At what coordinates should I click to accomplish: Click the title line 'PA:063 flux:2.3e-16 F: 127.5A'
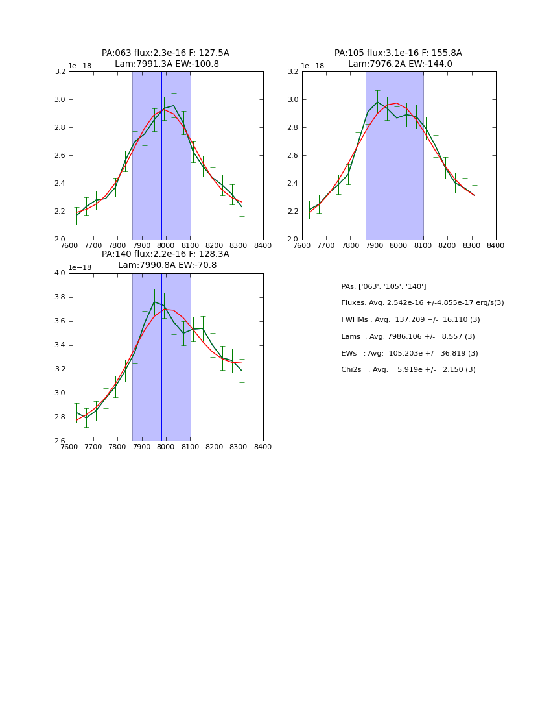pos(165,53)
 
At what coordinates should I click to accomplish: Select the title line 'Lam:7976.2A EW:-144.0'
pos(399,64)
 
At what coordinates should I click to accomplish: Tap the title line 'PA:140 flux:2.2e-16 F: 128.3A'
pos(165,254)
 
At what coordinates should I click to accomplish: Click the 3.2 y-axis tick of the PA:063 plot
pos(60,72)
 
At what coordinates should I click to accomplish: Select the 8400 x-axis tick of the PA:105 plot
pos(495,245)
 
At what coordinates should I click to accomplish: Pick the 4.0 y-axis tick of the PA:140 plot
pos(60,273)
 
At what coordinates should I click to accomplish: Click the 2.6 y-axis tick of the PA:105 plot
pos(293,156)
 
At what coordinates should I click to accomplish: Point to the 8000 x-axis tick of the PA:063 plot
pos(166,245)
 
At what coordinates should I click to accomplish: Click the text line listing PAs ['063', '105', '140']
pos(384,286)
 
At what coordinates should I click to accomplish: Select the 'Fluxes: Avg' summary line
pos(423,303)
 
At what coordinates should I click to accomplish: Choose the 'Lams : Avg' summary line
pos(408,337)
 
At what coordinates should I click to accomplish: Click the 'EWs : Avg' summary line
pos(410,354)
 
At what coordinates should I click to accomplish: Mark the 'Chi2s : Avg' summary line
pos(408,370)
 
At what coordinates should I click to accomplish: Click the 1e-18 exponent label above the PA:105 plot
pos(312,66)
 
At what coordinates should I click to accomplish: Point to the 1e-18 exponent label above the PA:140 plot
pos(80,267)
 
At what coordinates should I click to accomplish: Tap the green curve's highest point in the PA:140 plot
pos(154,301)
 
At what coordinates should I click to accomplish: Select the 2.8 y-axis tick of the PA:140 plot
pos(60,417)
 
